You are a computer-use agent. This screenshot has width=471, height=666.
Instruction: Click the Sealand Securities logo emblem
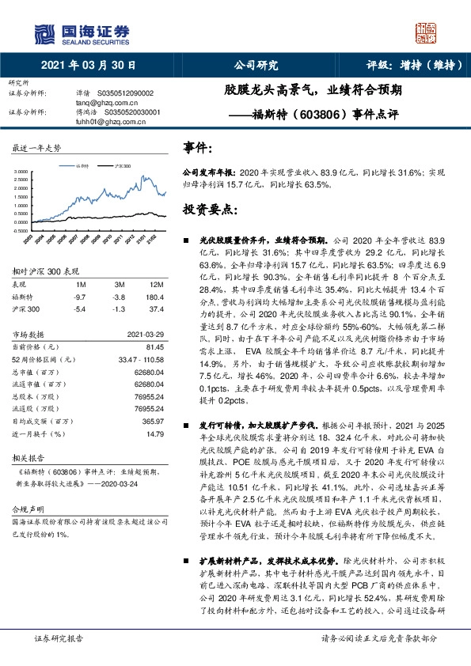pos(45,33)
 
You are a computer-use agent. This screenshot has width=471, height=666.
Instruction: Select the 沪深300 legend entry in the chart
pos(123,166)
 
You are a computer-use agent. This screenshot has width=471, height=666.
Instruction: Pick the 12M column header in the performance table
pos(156,284)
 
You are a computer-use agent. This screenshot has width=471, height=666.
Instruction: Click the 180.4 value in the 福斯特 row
pos(154,296)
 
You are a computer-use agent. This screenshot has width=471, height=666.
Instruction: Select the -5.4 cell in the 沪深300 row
pos(79,308)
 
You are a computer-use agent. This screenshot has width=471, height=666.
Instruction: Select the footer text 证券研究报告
pos(57,659)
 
